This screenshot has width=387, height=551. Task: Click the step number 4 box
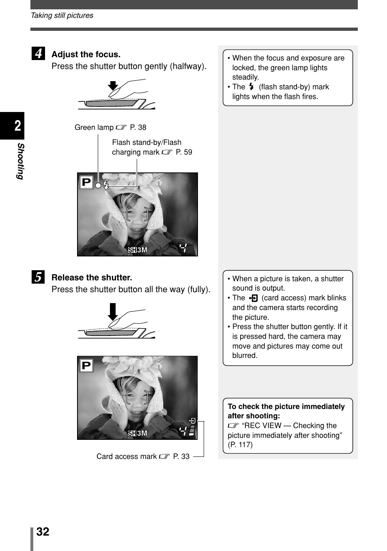38,54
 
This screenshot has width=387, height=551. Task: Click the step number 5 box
38,277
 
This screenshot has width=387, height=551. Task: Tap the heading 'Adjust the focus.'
86,54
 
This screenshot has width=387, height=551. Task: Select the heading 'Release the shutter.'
92,278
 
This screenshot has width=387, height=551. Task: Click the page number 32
43,532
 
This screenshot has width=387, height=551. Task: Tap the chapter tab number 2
17,126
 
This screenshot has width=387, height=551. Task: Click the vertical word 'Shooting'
20,161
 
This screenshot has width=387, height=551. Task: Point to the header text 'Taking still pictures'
62,15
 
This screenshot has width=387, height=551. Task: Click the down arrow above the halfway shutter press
113,86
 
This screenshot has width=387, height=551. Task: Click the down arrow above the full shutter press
113,312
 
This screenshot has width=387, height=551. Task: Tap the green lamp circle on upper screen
98,185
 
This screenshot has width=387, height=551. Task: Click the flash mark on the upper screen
106,185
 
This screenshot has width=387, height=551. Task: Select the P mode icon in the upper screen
86,182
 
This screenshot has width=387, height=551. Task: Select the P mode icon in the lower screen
86,366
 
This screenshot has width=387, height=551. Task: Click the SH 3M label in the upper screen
138,250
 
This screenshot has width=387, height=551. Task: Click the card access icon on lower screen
192,421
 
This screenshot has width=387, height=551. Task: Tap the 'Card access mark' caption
127,456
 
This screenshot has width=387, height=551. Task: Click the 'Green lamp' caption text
94,127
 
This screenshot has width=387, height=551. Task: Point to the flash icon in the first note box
252,87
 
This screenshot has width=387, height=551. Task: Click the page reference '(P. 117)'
240,445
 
